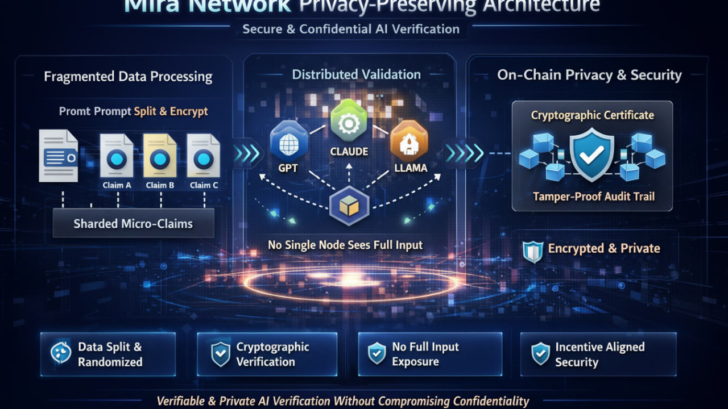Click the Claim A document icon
pyautogui.click(x=117, y=157)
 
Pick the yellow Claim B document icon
pyautogui.click(x=160, y=157)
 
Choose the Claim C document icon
pyautogui.click(x=203, y=157)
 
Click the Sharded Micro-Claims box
pyautogui.click(x=133, y=223)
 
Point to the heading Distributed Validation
pyautogui.click(x=357, y=74)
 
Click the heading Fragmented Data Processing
pyautogui.click(x=128, y=77)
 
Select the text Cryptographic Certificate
pyautogui.click(x=593, y=115)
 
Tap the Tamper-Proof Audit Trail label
pyautogui.click(x=594, y=197)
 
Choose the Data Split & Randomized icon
pyautogui.click(x=61, y=353)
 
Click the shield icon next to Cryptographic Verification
pyautogui.click(x=220, y=354)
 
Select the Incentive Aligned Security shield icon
pyautogui.click(x=540, y=354)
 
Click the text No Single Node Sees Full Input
pyautogui.click(x=345, y=245)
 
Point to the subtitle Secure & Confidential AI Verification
pyautogui.click(x=351, y=29)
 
